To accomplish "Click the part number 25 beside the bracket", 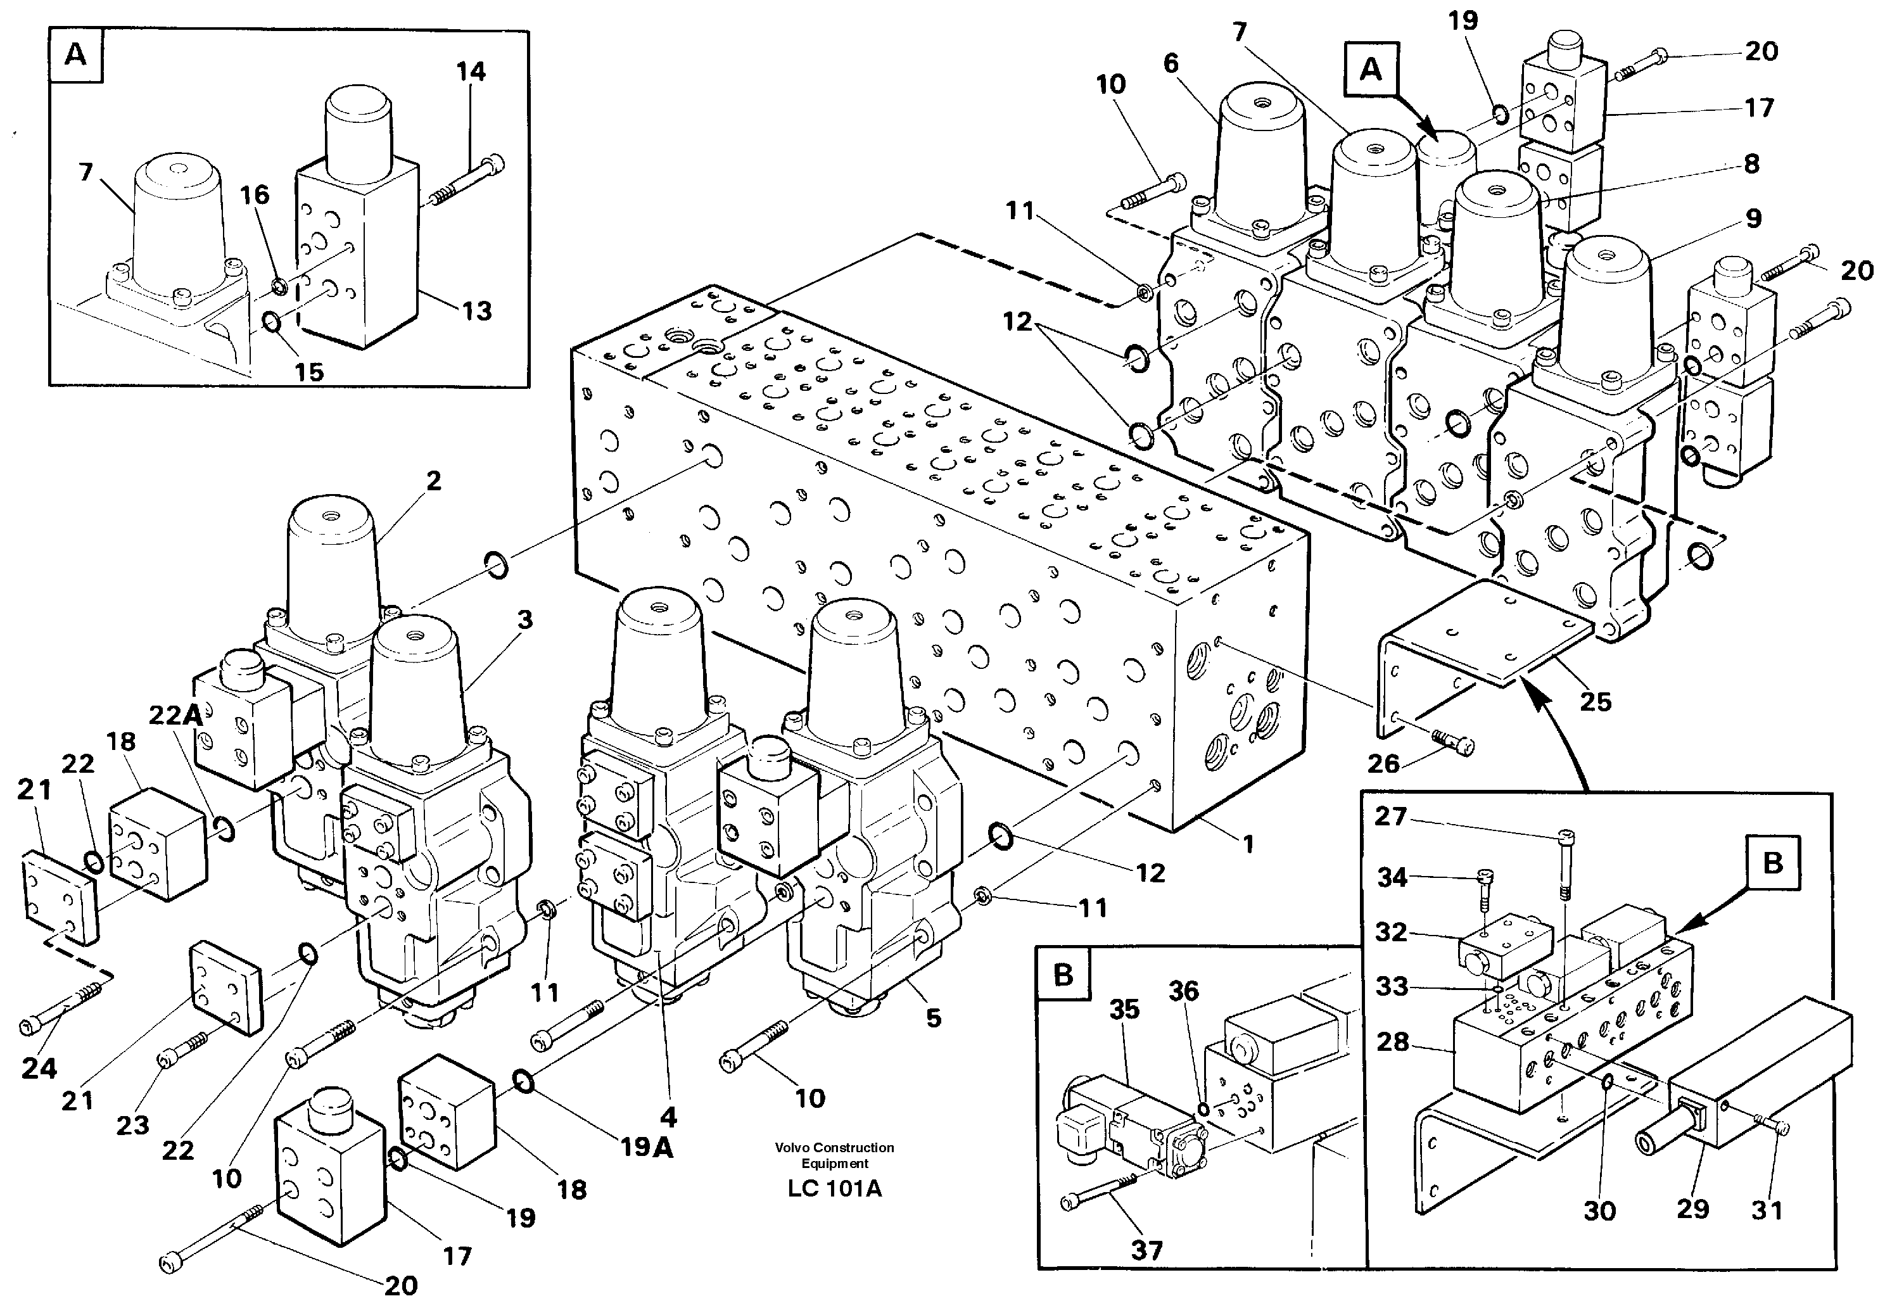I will coord(1595,702).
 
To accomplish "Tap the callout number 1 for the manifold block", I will coord(1248,844).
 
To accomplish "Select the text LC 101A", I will coord(834,1189).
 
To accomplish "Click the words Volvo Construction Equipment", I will coord(834,1155).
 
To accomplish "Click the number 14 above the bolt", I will coord(471,72).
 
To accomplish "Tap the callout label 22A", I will coord(175,716).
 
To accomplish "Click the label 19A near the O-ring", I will coord(647,1147).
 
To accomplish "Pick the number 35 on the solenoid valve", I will coord(1124,1009).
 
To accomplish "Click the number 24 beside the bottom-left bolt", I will coord(39,1068).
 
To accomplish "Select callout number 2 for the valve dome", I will coord(433,481).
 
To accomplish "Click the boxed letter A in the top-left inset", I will coord(75,55).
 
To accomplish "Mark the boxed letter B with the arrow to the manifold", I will coord(1773,863).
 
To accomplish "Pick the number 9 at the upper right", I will coord(1753,219).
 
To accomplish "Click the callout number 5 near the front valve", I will coord(934,1019).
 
